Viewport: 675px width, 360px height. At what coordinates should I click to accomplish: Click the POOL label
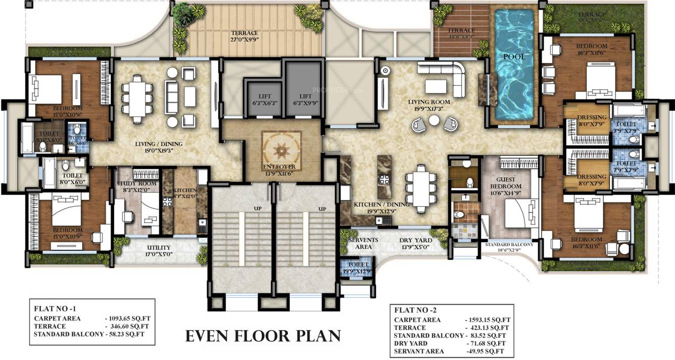[513, 57]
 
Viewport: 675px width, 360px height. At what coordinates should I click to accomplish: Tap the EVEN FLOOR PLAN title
[263, 335]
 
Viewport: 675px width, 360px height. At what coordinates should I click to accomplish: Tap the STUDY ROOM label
[132, 184]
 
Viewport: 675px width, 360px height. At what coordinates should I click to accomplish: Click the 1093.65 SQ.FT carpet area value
[129, 319]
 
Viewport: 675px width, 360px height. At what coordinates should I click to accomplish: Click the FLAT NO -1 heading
[55, 307]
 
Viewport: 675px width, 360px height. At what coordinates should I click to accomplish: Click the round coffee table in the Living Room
[434, 120]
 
